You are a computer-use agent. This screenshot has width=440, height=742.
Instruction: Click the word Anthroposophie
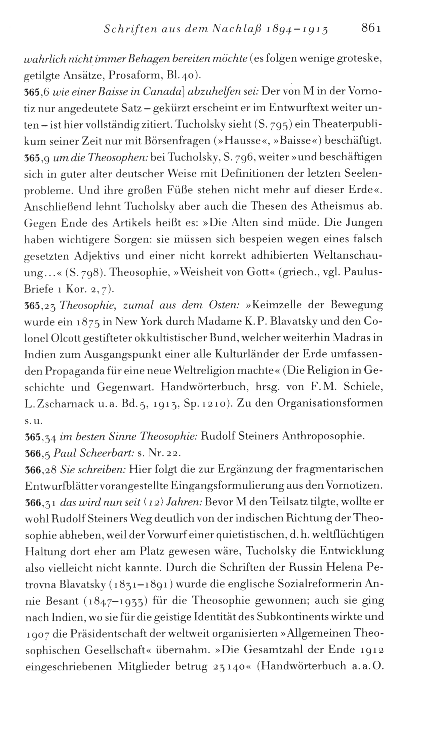click(323, 436)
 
